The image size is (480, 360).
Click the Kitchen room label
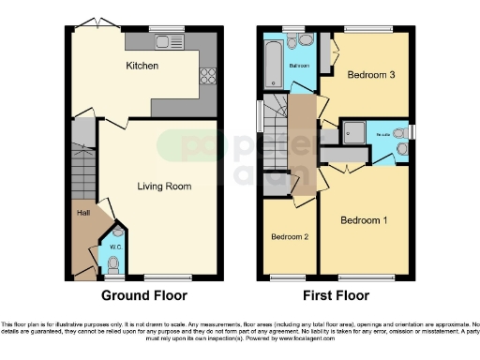pos(142,67)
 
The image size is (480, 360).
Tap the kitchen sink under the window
pos(170,40)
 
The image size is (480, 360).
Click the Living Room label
pos(164,187)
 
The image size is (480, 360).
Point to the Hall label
pos(82,212)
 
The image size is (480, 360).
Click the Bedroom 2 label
pos(290,237)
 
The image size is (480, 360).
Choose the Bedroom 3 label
pos(369,74)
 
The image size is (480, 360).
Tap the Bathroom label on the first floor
pos(299,67)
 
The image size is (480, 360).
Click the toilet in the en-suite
pos(401,146)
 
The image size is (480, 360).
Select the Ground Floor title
pos(143,296)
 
